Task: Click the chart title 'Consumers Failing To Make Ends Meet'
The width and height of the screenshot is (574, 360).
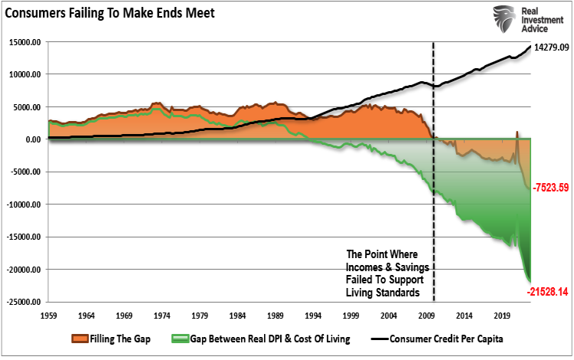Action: coord(108,12)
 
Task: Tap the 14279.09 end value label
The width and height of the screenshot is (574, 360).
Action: coord(550,47)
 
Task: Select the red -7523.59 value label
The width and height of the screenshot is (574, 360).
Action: coord(547,185)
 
